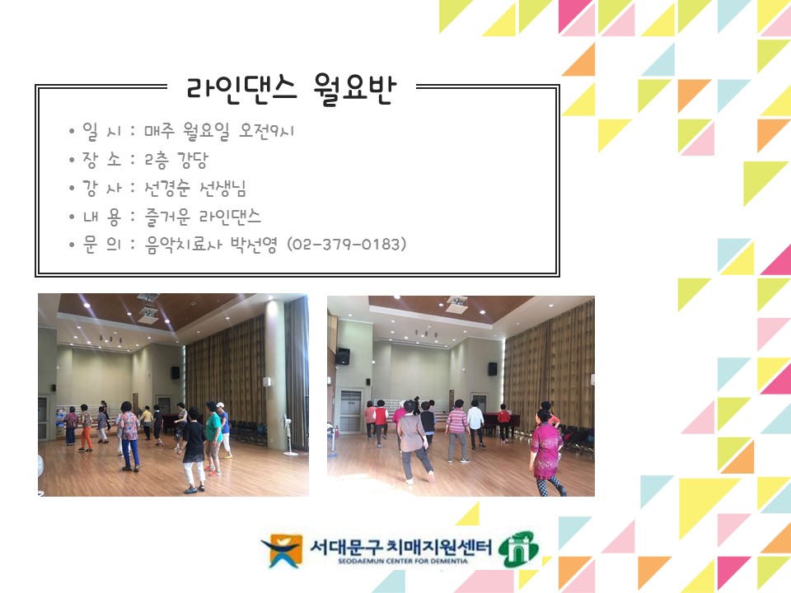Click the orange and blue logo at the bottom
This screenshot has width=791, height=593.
[x=281, y=550]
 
